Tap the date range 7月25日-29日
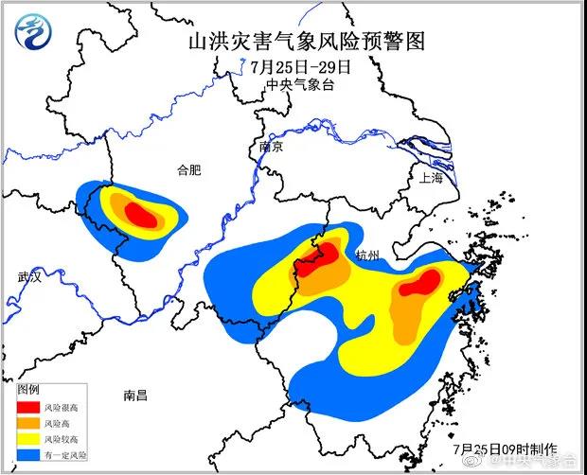[x=301, y=67]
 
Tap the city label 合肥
[x=190, y=170]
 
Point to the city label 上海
[x=431, y=176]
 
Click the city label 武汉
[x=30, y=277]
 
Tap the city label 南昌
[x=135, y=396]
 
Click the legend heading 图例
[x=29, y=389]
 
